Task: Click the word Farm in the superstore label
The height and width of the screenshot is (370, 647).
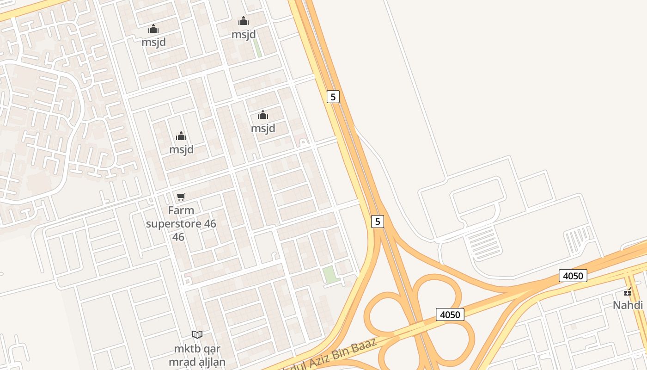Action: pyautogui.click(x=181, y=210)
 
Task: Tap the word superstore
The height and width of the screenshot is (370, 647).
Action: pyautogui.click(x=174, y=224)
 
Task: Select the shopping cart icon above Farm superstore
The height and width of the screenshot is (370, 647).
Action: pyautogui.click(x=181, y=197)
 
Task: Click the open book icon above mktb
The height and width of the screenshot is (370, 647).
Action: pyautogui.click(x=197, y=334)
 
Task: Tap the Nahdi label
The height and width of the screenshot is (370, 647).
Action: pyautogui.click(x=628, y=305)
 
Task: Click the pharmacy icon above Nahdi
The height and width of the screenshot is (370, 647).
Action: pyautogui.click(x=628, y=292)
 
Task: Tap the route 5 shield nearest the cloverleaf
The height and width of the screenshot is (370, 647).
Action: pyautogui.click(x=378, y=222)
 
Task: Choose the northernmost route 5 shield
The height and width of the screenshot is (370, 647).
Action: pyautogui.click(x=333, y=97)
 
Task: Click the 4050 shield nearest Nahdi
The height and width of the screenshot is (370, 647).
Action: pyautogui.click(x=573, y=276)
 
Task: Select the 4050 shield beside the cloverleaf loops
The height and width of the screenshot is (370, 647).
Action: pyautogui.click(x=450, y=315)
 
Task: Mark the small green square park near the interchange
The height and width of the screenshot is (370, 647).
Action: pyautogui.click(x=330, y=274)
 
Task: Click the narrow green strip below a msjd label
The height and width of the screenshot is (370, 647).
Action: pyautogui.click(x=257, y=48)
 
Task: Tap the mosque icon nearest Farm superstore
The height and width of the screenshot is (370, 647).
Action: pyautogui.click(x=181, y=136)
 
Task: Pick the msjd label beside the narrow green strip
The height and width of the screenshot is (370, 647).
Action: pyautogui.click(x=244, y=34)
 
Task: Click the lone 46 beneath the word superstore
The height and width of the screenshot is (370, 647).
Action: pyautogui.click(x=178, y=237)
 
